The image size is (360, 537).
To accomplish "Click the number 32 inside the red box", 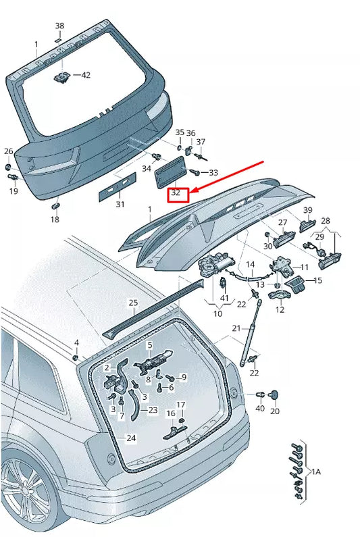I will (x=176, y=193).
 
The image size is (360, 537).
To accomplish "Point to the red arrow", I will (x=227, y=177).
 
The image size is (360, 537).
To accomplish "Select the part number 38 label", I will (x=59, y=26).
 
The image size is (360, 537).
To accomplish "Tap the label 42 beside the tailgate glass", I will (x=85, y=75).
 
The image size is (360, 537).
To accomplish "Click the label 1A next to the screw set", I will (x=315, y=471).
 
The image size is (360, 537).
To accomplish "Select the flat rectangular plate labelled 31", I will (x=118, y=186).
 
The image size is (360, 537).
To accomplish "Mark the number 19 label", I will (x=14, y=192).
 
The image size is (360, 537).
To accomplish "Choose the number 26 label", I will (x=9, y=151).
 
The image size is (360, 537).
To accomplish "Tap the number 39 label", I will (x=307, y=210).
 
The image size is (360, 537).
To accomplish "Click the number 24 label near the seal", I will (x=130, y=438).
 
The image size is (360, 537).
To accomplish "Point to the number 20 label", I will (x=274, y=411).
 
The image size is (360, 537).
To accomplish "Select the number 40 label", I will (x=260, y=409).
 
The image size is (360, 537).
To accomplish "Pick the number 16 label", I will (x=171, y=413).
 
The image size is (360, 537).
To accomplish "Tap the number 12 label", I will (x=280, y=310).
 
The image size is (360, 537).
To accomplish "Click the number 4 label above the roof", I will (x=76, y=343).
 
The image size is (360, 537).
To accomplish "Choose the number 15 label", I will (x=318, y=280).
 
